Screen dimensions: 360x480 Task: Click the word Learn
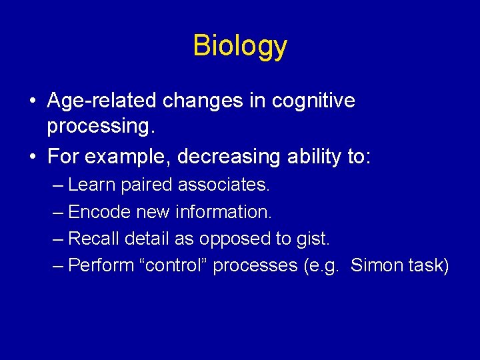(92, 185)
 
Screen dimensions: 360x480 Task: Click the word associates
(224, 185)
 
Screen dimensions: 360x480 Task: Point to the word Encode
(99, 212)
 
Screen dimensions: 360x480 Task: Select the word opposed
(235, 239)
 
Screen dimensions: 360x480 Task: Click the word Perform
(100, 265)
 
